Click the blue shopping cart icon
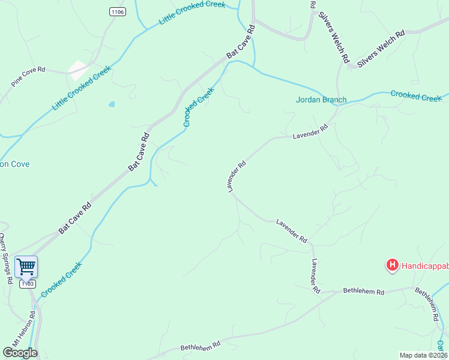pos(26,266)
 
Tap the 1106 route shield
pos(118,11)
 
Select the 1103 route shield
pos(28,284)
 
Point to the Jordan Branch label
pos(321,100)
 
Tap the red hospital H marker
pos(392,264)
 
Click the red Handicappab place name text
pos(424,264)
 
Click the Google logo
pos(20,353)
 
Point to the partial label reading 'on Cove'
pos(14,164)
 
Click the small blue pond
pos(112,104)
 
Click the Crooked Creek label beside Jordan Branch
pos(416,96)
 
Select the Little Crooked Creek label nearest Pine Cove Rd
pos(82,88)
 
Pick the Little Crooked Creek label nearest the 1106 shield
pos(192,13)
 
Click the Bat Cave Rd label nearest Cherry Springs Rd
pos(75,218)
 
